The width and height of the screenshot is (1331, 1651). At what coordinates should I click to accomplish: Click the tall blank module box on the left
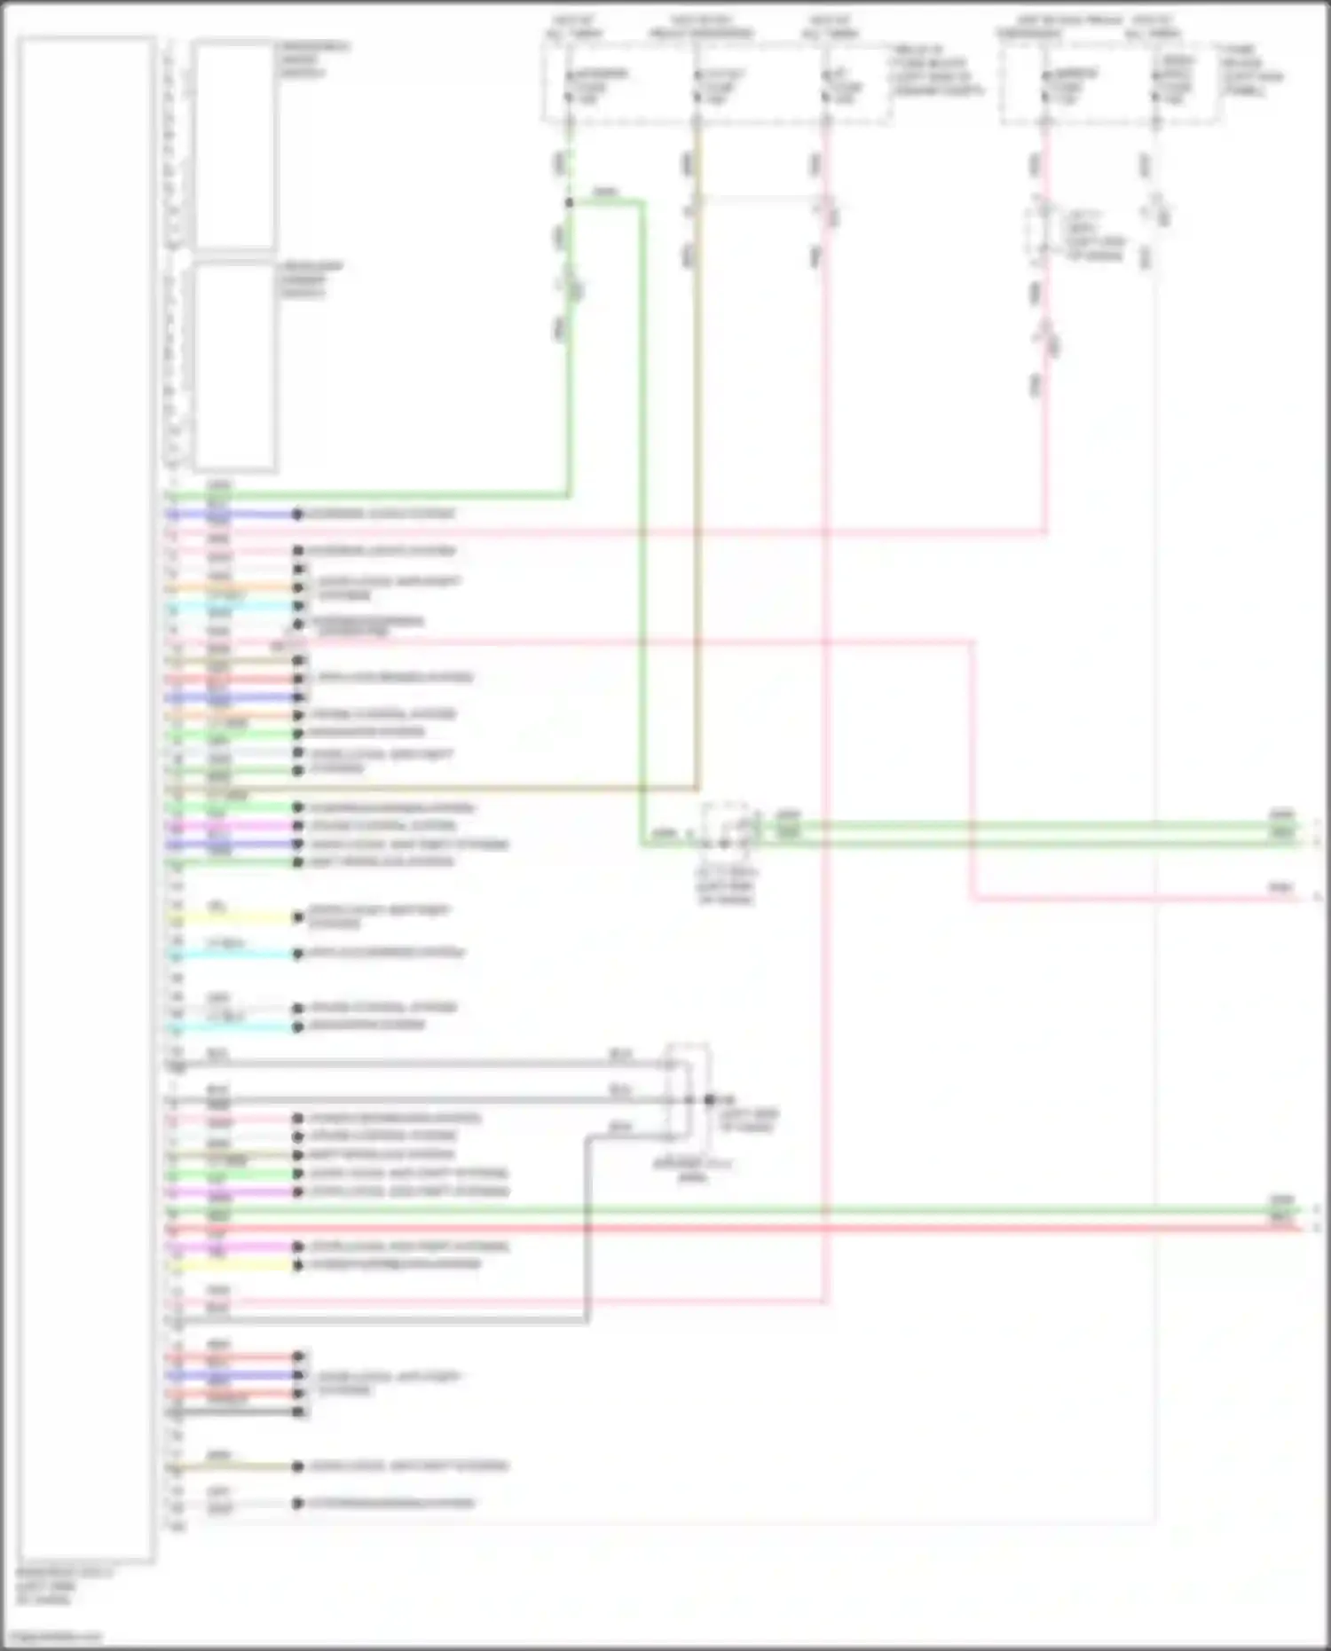tap(86, 798)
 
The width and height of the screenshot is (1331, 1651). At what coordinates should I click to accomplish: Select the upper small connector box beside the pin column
tap(234, 145)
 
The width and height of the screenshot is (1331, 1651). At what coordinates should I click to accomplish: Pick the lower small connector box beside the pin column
tap(234, 366)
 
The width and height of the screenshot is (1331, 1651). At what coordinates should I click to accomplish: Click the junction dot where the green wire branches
tap(570, 203)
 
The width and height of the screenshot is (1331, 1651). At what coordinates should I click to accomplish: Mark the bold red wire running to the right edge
tap(799, 1229)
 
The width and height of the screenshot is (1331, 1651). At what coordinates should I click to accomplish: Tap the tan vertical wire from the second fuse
tap(697, 532)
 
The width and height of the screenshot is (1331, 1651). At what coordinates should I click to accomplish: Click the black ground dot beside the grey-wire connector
tap(710, 1100)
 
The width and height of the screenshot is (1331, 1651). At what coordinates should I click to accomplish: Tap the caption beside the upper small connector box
tap(312, 59)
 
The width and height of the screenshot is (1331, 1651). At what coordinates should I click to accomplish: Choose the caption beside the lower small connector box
tap(311, 279)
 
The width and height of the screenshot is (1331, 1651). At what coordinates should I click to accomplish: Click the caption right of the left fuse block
tap(936, 71)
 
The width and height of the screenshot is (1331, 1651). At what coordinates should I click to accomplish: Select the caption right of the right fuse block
tap(1251, 70)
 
